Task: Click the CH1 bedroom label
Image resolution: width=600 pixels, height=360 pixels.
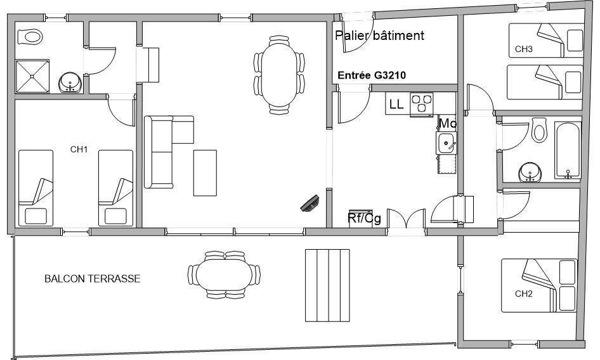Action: (79, 149)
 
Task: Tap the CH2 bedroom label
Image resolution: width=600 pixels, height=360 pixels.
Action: (524, 294)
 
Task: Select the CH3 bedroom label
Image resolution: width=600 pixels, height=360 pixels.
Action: (524, 49)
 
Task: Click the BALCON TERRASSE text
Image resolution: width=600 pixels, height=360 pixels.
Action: (92, 278)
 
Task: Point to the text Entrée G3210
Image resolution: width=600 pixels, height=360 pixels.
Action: (372, 75)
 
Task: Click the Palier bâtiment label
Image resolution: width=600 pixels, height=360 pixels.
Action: (379, 35)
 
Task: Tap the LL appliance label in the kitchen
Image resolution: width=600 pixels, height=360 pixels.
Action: (396, 104)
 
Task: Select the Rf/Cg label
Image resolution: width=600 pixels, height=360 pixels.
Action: (364, 219)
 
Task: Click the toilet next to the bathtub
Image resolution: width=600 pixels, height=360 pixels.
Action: (539, 130)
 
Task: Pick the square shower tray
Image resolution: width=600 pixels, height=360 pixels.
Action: (32, 76)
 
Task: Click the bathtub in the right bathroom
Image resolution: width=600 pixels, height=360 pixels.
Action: (568, 150)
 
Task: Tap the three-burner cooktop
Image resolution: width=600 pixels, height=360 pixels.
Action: (421, 104)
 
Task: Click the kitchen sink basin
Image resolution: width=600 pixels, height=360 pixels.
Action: (446, 143)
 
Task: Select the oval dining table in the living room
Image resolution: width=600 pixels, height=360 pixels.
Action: (280, 75)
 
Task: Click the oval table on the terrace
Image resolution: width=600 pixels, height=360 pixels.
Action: (225, 275)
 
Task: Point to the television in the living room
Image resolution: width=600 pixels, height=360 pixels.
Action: (310, 203)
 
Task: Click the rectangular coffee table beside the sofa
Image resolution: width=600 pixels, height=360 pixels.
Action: (205, 173)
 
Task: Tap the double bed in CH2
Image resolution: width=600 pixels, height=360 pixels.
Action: (539, 285)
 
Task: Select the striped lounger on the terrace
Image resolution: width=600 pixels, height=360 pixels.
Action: (327, 285)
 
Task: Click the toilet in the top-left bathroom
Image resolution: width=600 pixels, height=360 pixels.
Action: (30, 37)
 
